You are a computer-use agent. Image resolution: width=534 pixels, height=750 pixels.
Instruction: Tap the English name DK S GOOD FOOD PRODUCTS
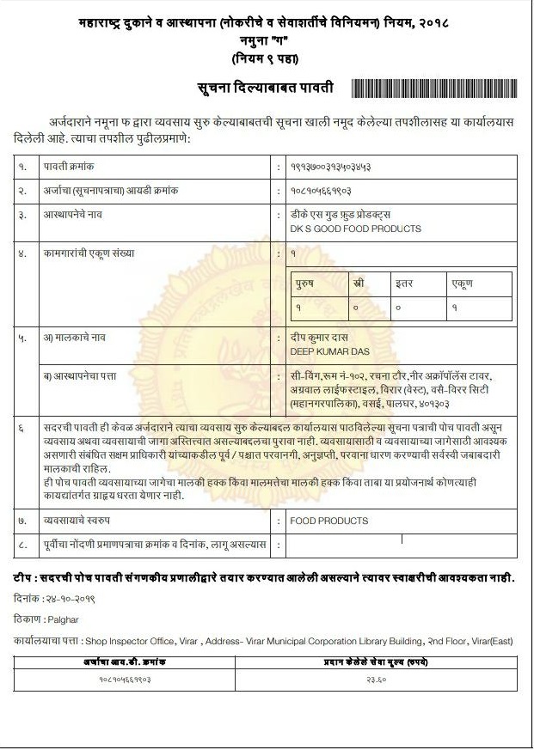coord(356,229)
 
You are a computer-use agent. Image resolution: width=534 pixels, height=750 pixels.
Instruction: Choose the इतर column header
coord(404,284)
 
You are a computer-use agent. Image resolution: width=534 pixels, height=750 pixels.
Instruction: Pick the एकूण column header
coord(463,284)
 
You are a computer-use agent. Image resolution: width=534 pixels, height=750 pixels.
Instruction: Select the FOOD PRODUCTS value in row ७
coord(329,521)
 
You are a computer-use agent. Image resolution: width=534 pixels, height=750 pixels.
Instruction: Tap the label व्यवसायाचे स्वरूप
coord(84,521)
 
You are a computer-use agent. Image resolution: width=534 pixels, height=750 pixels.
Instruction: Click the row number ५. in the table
coord(23,338)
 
